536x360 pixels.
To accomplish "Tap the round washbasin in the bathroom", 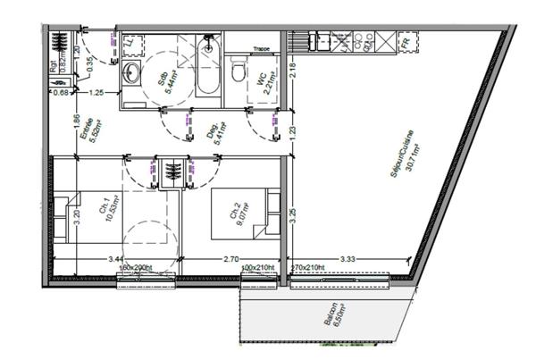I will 132,72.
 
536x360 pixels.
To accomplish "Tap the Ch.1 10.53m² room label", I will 108,213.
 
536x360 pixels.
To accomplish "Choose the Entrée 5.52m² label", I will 89,134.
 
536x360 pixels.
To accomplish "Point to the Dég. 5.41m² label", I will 215,132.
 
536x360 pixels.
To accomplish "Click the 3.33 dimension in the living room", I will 350,259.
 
